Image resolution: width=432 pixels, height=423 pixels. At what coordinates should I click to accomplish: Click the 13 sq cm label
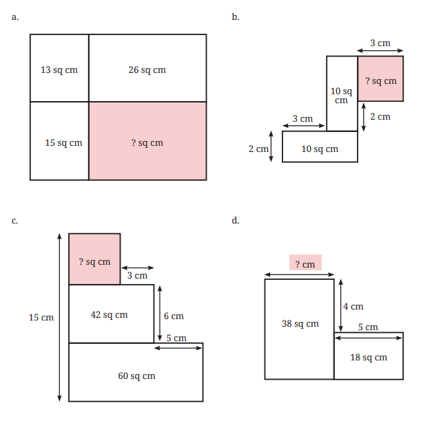(59, 70)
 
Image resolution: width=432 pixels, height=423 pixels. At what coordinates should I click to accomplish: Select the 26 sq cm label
(147, 70)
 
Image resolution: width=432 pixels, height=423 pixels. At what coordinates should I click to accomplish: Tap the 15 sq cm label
(63, 143)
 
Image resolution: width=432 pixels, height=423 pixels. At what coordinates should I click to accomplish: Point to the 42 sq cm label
(109, 314)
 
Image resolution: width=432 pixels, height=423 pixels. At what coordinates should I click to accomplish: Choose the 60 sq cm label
(136, 376)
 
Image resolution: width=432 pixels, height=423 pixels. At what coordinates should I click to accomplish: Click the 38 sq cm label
(300, 323)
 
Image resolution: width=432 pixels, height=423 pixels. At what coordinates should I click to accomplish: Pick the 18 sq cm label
(369, 357)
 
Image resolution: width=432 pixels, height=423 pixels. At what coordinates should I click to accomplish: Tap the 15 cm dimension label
(41, 317)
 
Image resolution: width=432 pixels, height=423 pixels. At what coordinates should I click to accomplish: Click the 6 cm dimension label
(174, 316)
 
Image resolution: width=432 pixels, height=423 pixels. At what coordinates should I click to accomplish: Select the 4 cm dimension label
(353, 306)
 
